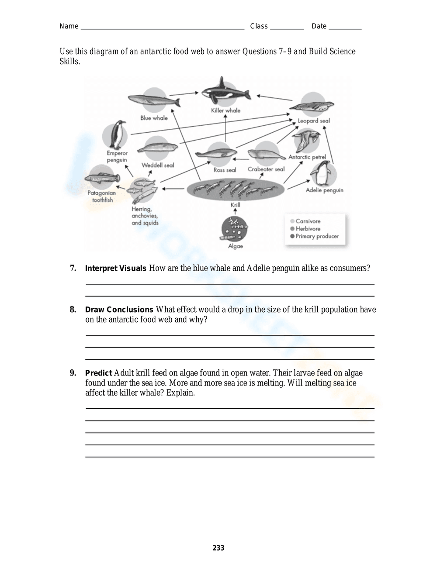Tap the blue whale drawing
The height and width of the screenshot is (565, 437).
tap(154, 101)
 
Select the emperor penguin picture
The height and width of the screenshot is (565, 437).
tap(116, 135)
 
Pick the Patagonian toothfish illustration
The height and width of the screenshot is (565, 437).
tap(102, 178)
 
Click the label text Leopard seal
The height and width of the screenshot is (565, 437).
tap(314, 121)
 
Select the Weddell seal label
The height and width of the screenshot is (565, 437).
tap(158, 165)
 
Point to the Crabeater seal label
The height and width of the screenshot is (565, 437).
tap(266, 169)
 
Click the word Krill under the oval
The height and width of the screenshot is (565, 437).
tap(235, 205)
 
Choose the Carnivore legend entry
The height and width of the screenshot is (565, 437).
tap(308, 221)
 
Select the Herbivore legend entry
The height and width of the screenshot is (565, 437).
tap(308, 229)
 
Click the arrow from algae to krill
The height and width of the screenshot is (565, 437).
tap(235, 212)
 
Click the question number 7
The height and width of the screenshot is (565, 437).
tap(73, 268)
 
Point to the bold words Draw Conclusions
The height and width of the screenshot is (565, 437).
tap(119, 310)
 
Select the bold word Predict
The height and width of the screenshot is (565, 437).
tap(98, 373)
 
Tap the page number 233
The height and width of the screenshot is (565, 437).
tap(218, 548)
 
